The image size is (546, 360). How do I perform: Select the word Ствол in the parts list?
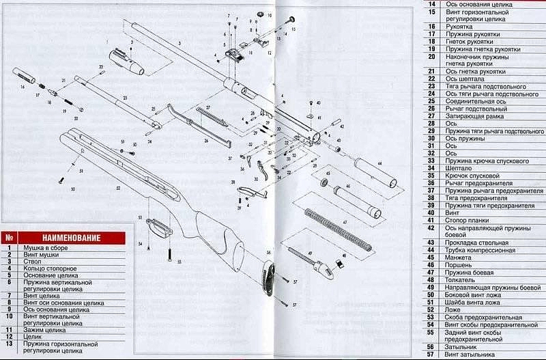(31, 260)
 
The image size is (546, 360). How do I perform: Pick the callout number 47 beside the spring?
(344, 222)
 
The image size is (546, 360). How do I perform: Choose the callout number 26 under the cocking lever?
(205, 140)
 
